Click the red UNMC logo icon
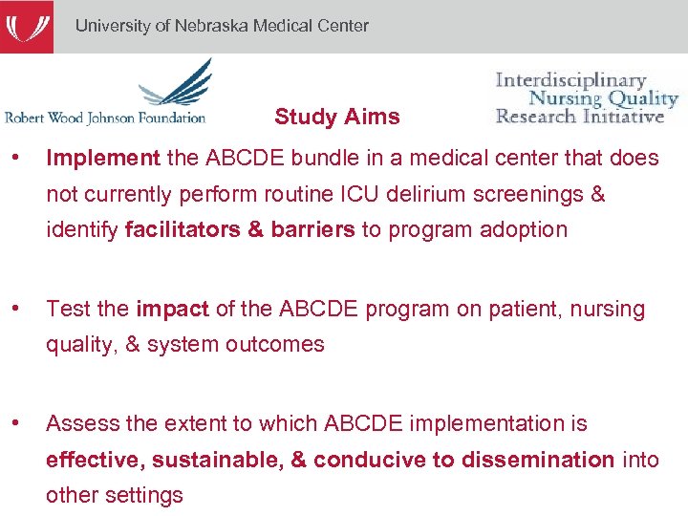click(26, 26)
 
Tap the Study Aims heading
click(336, 118)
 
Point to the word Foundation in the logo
click(169, 118)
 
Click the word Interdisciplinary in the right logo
click(570, 80)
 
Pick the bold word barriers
click(312, 230)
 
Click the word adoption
click(524, 230)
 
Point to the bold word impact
click(172, 309)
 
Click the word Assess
click(78, 423)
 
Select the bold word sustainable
click(217, 460)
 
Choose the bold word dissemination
click(538, 460)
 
